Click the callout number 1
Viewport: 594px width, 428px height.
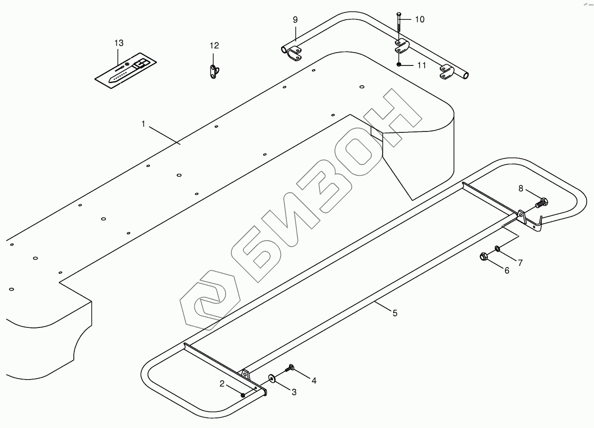click(143, 124)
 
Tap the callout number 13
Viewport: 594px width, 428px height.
click(119, 43)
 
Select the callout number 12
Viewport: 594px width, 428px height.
click(214, 46)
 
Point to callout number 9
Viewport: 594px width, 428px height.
click(295, 20)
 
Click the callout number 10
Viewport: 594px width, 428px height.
click(420, 19)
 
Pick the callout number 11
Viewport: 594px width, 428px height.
click(422, 65)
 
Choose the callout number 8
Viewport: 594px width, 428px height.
click(521, 189)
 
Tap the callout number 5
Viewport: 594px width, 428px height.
click(395, 313)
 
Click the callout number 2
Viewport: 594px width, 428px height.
click(222, 383)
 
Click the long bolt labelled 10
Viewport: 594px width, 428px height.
click(399, 25)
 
